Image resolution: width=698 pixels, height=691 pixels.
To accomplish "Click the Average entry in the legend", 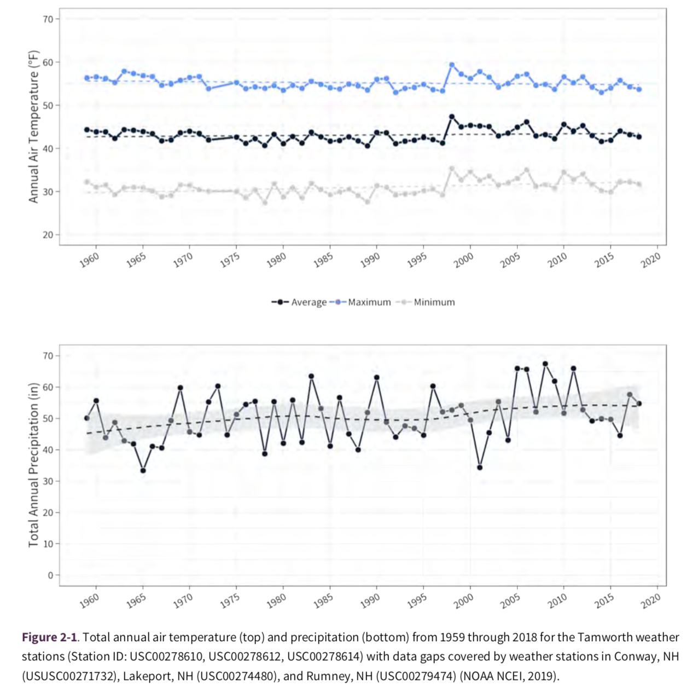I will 299,302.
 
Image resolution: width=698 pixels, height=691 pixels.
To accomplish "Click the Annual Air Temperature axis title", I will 34,126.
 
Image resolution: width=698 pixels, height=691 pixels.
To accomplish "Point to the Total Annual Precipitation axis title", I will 34,464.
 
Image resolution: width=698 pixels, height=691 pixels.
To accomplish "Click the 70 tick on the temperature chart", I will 48,19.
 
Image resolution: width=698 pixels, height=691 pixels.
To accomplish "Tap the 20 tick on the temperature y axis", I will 48,235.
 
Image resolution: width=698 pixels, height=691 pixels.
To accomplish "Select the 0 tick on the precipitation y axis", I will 50,575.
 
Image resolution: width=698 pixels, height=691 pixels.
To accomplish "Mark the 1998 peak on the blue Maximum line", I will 452,65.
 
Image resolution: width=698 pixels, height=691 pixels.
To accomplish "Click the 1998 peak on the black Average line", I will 452,117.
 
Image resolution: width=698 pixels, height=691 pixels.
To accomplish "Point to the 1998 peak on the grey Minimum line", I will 452,169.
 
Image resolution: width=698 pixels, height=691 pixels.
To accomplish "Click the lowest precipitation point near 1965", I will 143,470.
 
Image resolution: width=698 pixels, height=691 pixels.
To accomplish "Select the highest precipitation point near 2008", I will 545,364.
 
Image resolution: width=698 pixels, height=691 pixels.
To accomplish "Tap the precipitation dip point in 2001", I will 480,468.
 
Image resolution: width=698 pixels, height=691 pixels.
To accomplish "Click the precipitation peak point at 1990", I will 376,377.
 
